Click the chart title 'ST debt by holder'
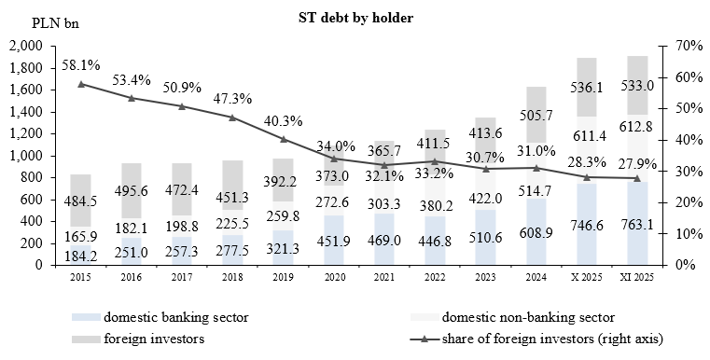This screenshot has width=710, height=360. tap(355, 17)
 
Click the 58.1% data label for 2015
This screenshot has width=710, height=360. tap(81, 66)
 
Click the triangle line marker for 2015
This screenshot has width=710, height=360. tap(81, 84)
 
